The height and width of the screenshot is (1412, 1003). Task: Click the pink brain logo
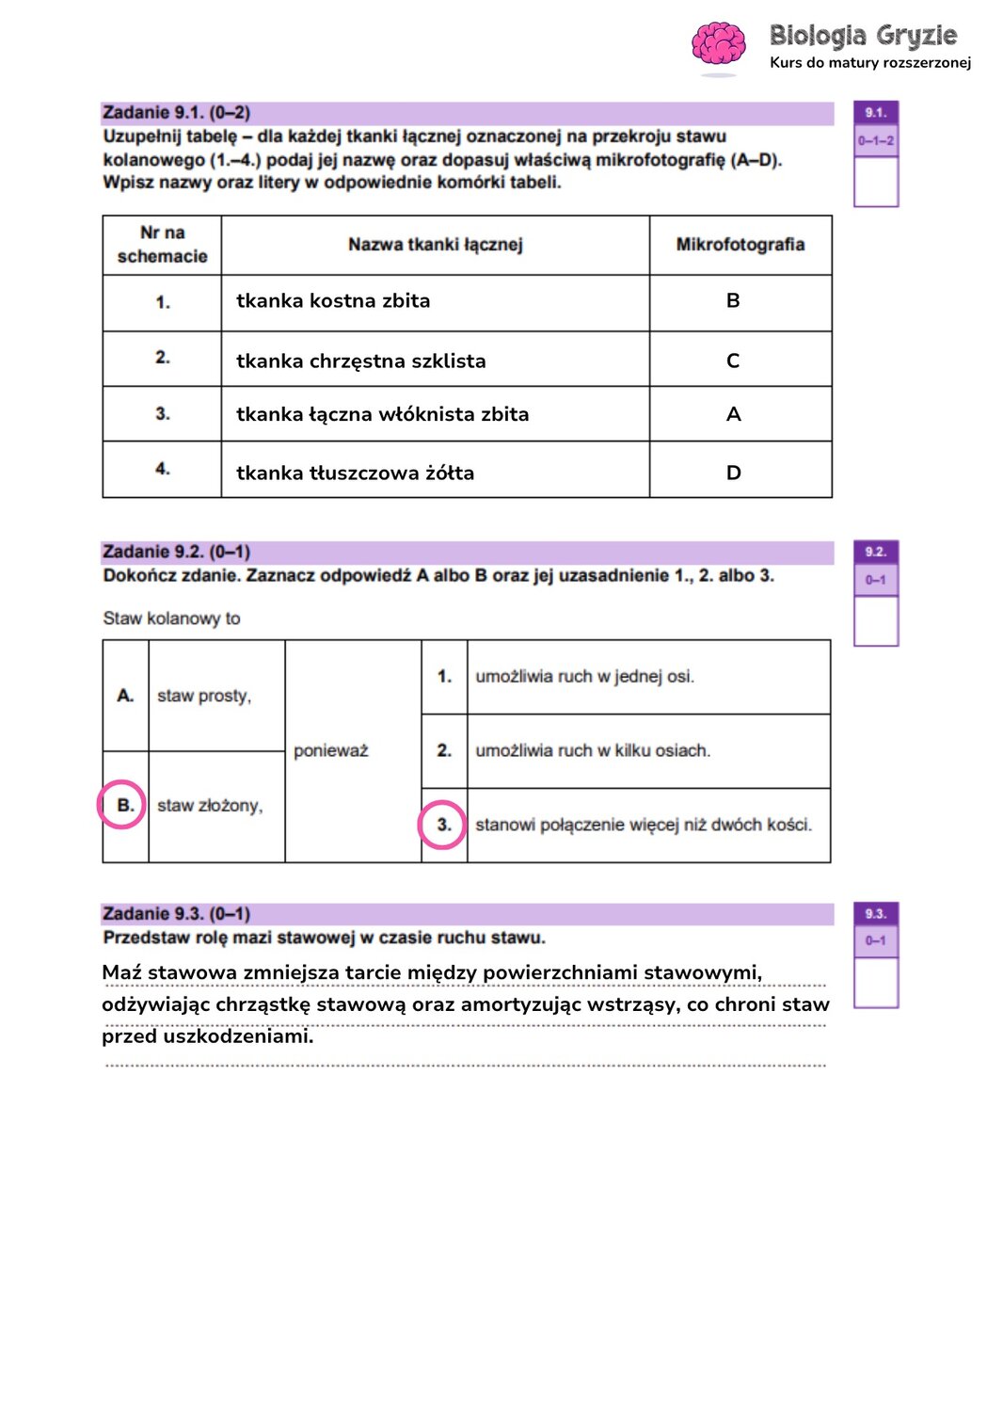click(718, 45)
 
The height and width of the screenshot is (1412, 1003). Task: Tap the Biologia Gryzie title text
click(863, 36)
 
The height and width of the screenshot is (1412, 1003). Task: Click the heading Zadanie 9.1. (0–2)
click(176, 113)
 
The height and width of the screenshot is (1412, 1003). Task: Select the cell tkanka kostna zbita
click(333, 301)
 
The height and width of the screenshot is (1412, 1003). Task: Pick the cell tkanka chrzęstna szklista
click(360, 361)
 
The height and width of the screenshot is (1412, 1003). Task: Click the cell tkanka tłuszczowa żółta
click(355, 473)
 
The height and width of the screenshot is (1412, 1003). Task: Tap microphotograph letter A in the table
click(734, 414)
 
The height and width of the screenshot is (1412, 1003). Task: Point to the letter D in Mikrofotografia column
click(734, 473)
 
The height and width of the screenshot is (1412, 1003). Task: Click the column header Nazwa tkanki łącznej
click(435, 245)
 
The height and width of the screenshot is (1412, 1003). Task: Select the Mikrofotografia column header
click(740, 245)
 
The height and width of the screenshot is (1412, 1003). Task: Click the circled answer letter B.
click(124, 805)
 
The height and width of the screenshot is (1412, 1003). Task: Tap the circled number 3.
click(443, 825)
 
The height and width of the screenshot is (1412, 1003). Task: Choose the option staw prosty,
click(204, 696)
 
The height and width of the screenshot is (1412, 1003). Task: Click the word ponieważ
click(331, 751)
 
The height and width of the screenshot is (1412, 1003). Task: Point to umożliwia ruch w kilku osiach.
click(593, 751)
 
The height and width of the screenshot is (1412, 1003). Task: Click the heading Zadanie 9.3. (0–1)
click(176, 914)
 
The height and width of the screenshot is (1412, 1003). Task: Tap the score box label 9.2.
click(875, 553)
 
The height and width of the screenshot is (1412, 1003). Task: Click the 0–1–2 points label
click(875, 141)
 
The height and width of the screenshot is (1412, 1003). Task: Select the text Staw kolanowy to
click(171, 618)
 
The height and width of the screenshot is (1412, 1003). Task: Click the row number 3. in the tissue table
click(163, 413)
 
